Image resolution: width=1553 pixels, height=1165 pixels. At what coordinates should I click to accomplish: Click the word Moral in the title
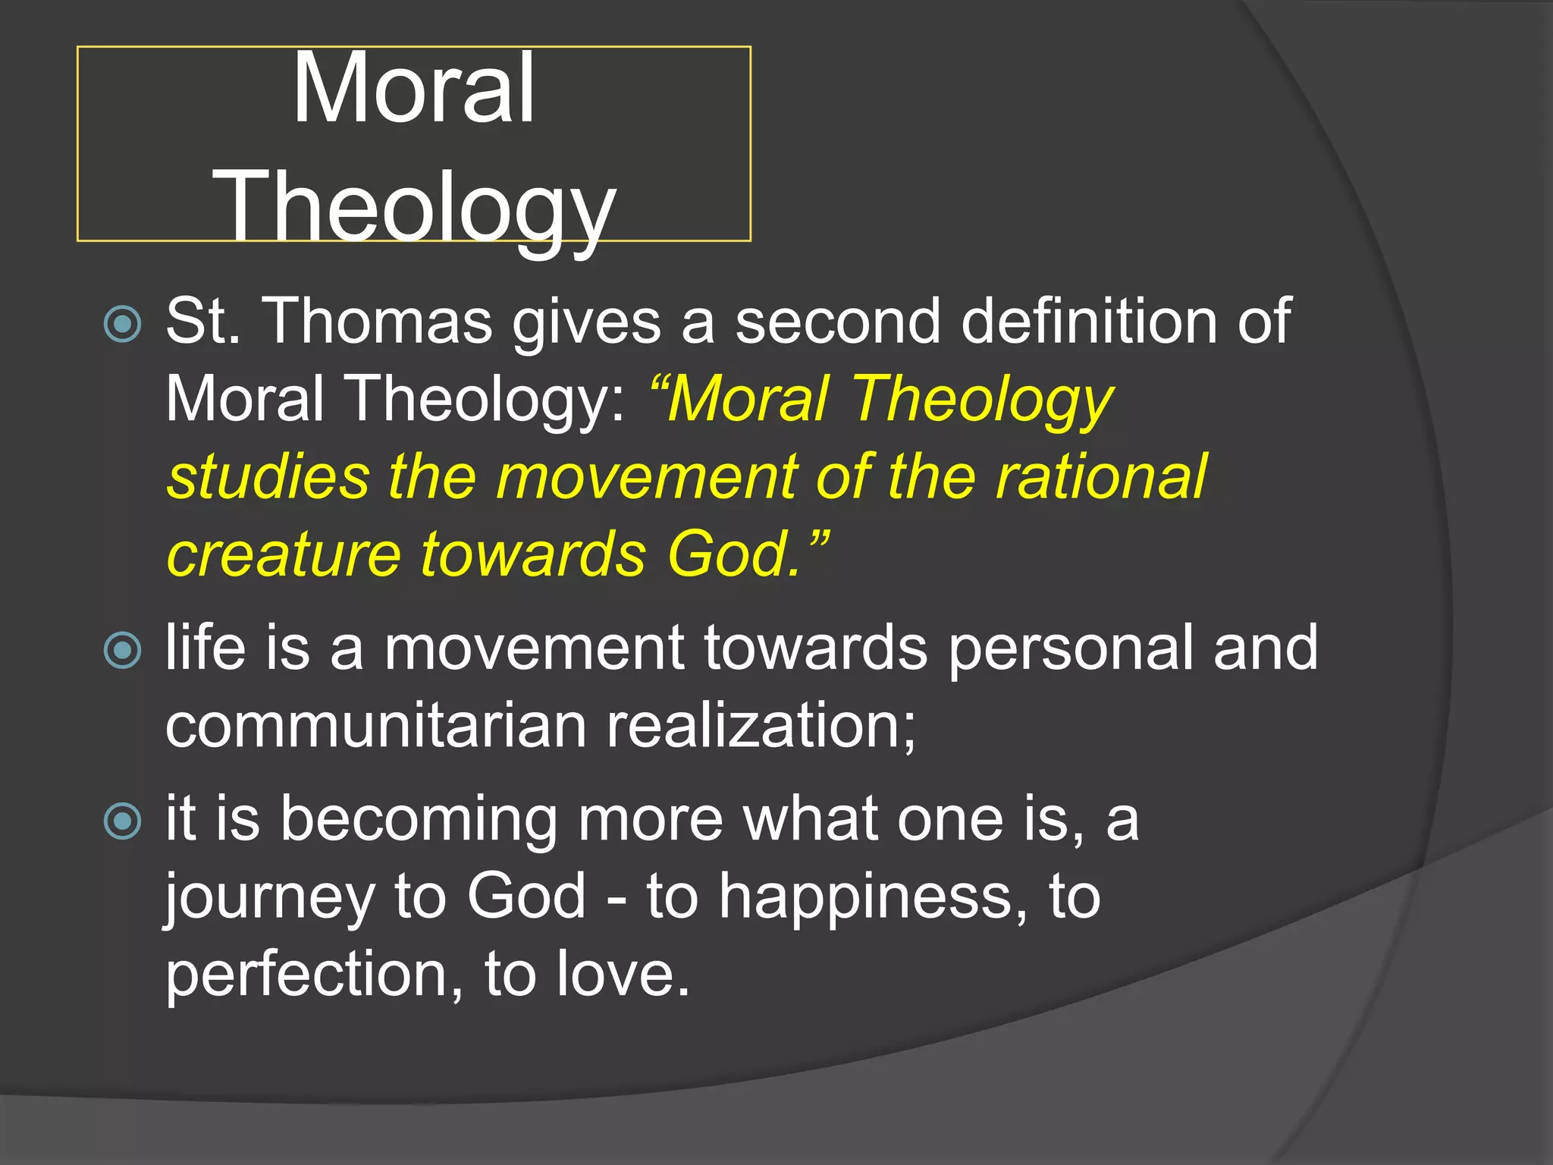[x=414, y=89]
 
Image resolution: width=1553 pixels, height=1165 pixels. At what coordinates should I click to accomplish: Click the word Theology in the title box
[x=414, y=207]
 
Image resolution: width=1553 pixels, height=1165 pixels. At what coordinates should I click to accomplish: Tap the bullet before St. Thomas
[x=123, y=324]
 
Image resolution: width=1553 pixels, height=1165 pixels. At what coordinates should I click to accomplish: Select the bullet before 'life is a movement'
[x=123, y=650]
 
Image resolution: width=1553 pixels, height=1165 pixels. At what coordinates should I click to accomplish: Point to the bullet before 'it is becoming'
[x=123, y=821]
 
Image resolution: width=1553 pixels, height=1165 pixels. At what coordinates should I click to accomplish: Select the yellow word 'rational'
[x=1101, y=477]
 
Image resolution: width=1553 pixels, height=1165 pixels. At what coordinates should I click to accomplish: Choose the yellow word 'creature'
[x=283, y=554]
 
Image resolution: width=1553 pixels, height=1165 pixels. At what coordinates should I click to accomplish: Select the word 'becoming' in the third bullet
[x=419, y=821]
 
